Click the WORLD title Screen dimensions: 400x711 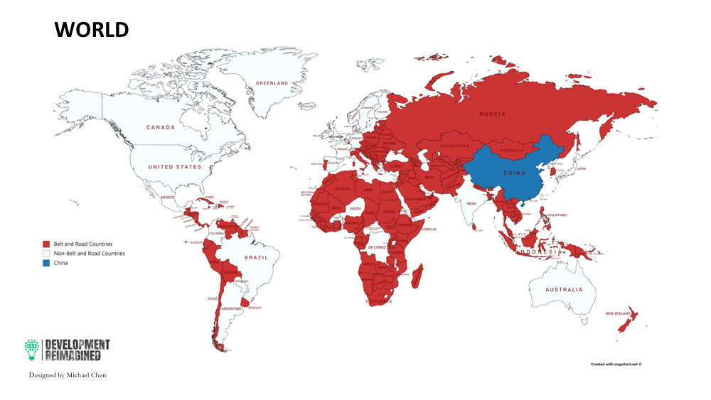pos(92,30)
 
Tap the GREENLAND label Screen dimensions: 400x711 pos(272,84)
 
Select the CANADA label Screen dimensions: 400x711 pos(161,128)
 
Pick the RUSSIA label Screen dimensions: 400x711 pos(492,114)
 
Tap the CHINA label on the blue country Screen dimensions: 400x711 pos(514,173)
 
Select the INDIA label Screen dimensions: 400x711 pos(470,203)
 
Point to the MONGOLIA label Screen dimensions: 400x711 pos(512,151)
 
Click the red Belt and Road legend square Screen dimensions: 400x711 pos(46,244)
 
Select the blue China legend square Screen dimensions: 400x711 pos(46,263)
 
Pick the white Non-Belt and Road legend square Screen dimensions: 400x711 pos(46,254)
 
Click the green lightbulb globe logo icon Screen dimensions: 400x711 pos(32,348)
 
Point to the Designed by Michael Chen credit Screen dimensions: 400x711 pos(68,375)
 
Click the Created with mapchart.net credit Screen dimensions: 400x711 pos(616,364)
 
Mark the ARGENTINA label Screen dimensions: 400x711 pos(232,308)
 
